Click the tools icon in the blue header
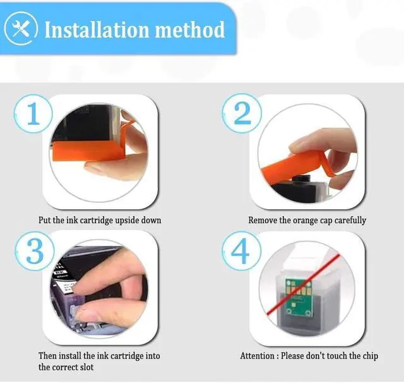click(21, 28)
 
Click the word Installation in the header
click(97, 30)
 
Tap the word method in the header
click(190, 30)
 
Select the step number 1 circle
click(33, 114)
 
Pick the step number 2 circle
click(242, 114)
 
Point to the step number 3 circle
click(35, 251)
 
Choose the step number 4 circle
click(241, 251)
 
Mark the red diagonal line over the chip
click(304, 284)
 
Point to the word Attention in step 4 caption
click(257, 356)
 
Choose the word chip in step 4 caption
click(371, 356)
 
